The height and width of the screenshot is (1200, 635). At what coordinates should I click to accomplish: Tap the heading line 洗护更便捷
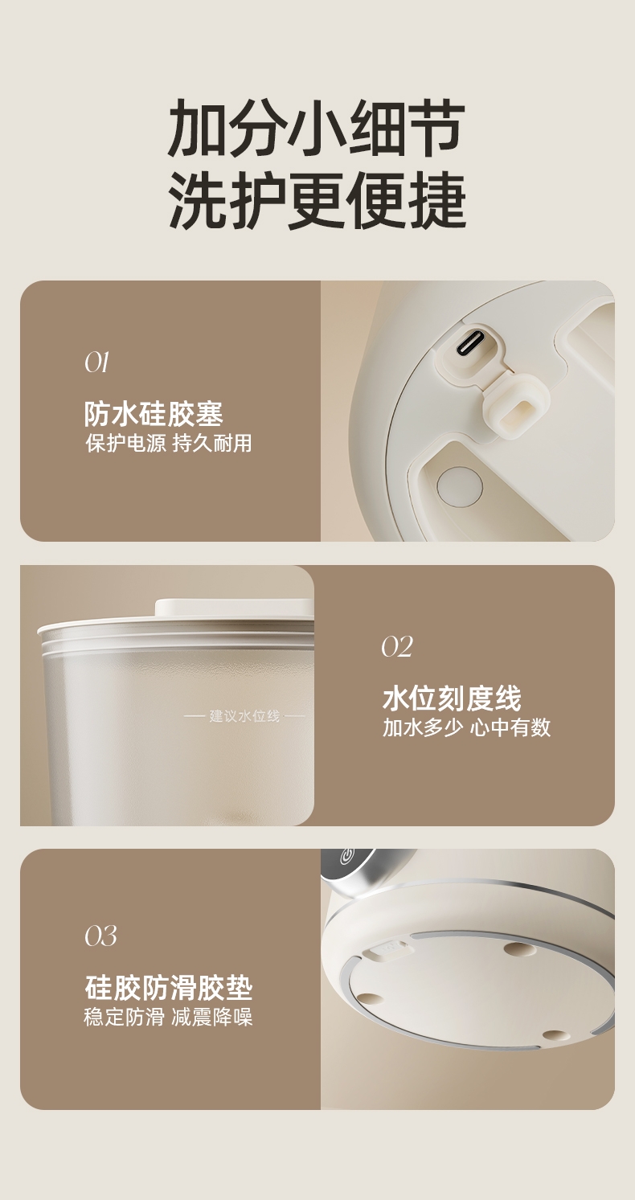317,201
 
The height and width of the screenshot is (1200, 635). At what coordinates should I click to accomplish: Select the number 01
96,362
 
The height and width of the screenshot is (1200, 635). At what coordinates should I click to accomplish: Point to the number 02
397,647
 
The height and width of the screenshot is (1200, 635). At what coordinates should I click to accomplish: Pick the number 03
100,936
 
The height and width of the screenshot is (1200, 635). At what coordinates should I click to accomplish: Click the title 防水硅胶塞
154,414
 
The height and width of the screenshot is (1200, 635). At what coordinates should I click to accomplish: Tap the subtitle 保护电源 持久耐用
168,443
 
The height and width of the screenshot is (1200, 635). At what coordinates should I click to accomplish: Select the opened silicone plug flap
518,408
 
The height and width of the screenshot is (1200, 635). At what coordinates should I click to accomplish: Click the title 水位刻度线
452,698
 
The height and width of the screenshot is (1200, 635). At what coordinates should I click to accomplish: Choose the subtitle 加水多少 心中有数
466,727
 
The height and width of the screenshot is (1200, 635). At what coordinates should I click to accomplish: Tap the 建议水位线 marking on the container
245,715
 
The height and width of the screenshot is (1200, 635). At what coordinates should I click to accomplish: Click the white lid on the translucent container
234,608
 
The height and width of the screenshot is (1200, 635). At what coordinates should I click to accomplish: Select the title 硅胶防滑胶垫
168,987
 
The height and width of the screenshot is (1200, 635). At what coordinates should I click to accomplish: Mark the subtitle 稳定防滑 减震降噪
168,1017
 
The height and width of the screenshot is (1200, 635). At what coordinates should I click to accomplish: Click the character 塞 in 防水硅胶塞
210,414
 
